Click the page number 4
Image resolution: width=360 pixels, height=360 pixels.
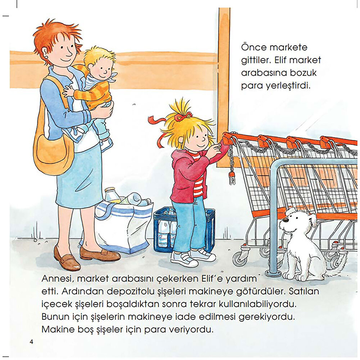point(31,341)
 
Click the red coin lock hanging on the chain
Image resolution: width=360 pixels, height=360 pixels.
point(232,177)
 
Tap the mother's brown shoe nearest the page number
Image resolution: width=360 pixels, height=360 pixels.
point(67,259)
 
